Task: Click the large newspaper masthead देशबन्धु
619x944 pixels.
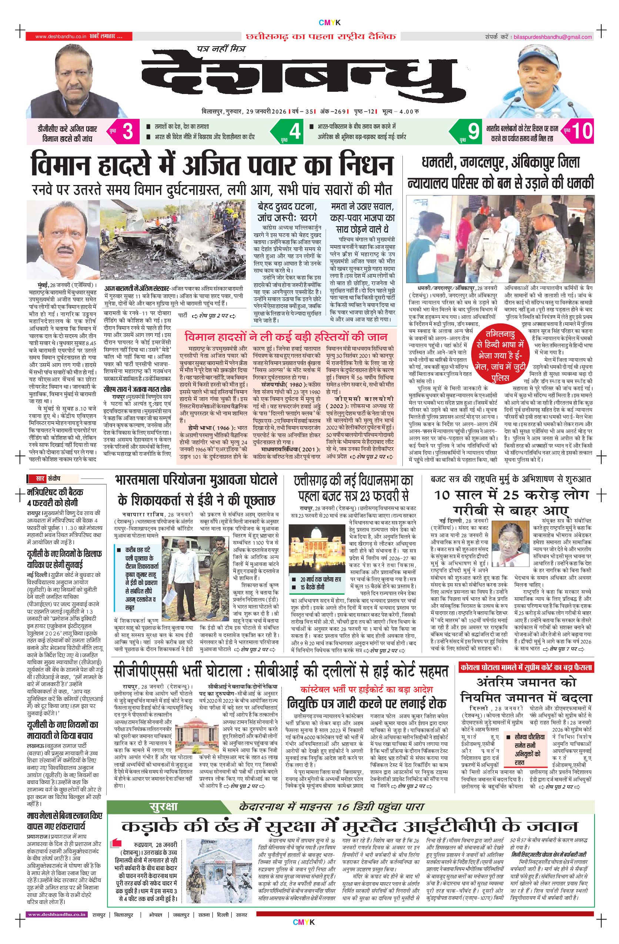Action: click(x=298, y=77)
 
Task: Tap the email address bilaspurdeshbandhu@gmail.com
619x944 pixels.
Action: click(x=552, y=37)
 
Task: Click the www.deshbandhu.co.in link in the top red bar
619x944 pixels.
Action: click(x=61, y=37)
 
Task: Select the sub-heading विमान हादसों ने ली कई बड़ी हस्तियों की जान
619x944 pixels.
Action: click(x=286, y=337)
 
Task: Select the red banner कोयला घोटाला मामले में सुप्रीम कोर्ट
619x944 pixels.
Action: click(x=526, y=668)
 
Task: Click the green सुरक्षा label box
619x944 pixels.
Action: click(x=164, y=807)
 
